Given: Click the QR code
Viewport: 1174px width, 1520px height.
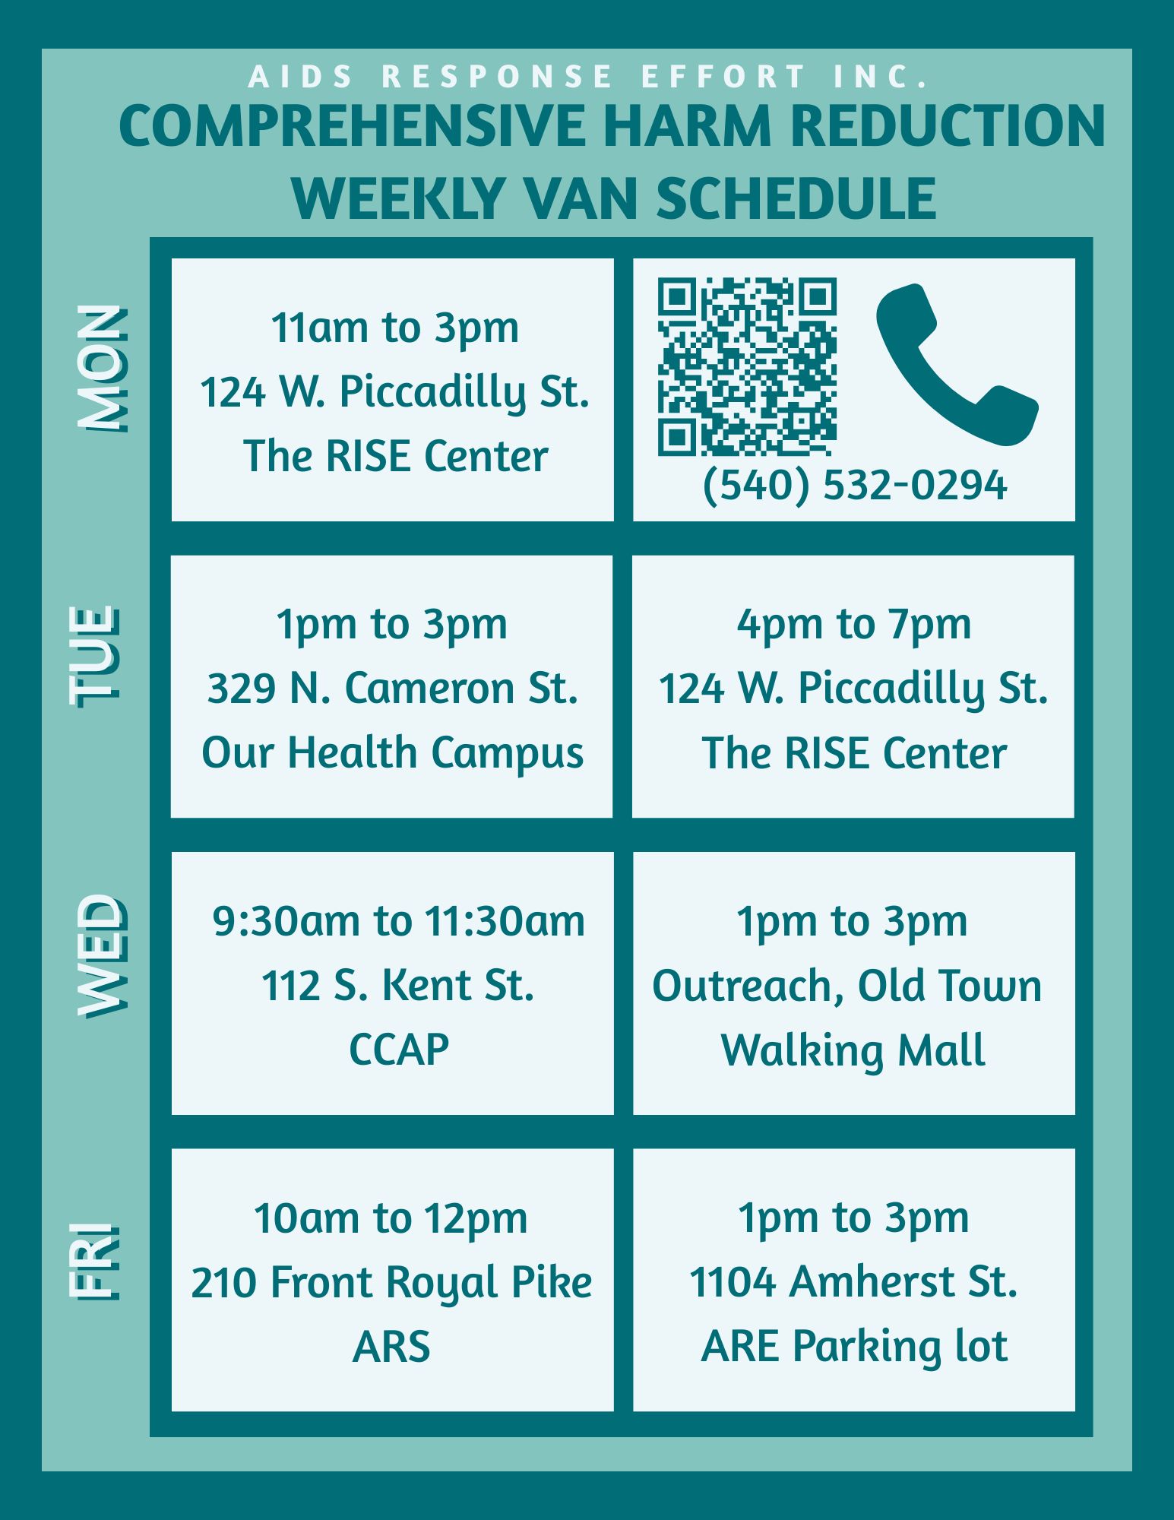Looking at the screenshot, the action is (x=747, y=367).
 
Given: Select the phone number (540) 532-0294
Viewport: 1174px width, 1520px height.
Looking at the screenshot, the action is (x=855, y=485).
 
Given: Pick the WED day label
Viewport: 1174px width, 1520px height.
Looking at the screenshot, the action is (x=101, y=955).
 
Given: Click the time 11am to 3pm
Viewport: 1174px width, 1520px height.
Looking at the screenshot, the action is (x=395, y=328).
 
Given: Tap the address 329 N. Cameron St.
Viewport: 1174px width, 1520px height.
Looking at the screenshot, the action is (x=393, y=689).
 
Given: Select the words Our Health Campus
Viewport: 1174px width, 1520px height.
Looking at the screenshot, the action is (x=393, y=754).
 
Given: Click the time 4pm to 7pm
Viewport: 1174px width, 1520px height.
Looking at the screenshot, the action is (x=854, y=625).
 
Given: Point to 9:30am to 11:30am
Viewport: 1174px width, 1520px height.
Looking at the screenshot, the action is (x=399, y=922).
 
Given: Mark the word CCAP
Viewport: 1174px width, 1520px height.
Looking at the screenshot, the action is (x=399, y=1050).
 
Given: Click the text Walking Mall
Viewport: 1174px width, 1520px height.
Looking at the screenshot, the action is (x=853, y=1051).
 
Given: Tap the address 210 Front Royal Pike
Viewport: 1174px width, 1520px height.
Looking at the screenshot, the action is (x=391, y=1283).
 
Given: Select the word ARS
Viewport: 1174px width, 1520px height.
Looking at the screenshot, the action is (x=391, y=1347).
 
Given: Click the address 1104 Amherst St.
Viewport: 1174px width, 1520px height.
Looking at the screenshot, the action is (x=853, y=1282).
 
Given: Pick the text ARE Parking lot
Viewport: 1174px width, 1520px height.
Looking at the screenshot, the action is (x=854, y=1347).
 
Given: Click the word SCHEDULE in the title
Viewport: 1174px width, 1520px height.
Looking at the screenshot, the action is (x=796, y=198).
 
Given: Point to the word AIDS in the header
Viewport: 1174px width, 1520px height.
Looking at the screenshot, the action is (x=301, y=77).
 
